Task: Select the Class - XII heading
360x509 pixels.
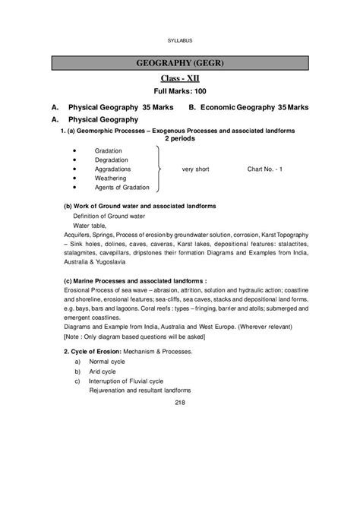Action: [179, 78]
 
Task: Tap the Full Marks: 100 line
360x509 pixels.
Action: [179, 92]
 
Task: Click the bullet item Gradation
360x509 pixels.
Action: [109, 151]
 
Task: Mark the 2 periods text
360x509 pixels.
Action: [179, 139]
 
